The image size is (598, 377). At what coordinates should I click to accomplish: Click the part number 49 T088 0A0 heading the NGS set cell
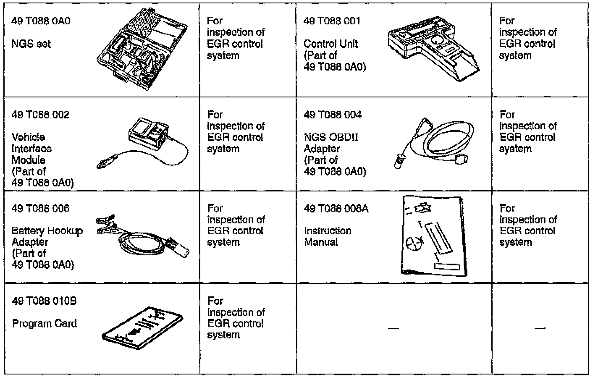[x=41, y=21]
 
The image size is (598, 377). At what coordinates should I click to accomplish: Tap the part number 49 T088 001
[x=332, y=21]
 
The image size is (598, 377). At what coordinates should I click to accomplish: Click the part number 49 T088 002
[x=40, y=115]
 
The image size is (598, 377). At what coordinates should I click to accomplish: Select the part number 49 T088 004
[x=332, y=115]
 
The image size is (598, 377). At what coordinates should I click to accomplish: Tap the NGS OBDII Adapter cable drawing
[x=435, y=143]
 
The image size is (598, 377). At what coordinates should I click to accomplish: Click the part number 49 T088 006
[x=40, y=208]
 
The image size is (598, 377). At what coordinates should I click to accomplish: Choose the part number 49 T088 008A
[x=336, y=208]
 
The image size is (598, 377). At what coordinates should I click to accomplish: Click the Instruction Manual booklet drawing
[x=433, y=236]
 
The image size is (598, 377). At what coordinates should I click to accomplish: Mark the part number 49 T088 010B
[x=45, y=301]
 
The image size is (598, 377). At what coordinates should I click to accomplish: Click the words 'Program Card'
[x=45, y=324]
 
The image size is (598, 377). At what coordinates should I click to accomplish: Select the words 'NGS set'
[x=31, y=44]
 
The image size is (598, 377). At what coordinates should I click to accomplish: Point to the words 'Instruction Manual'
[x=328, y=236]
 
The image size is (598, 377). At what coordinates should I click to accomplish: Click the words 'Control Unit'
[x=330, y=44]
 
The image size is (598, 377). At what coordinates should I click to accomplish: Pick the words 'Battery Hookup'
[x=47, y=231]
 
